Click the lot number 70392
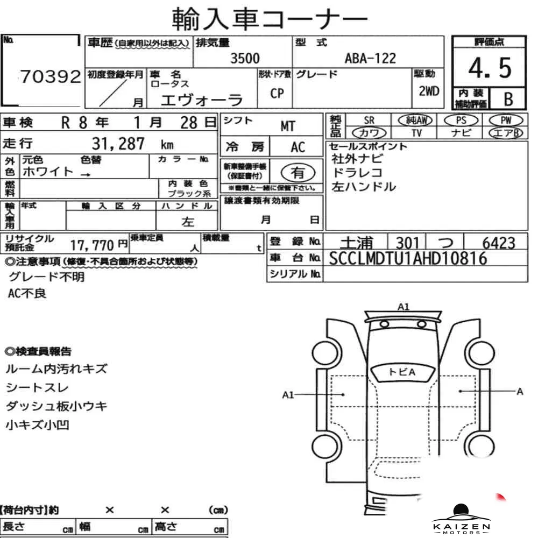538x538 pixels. point(51,76)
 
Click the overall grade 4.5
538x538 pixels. point(490,68)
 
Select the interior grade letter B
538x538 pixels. point(508,99)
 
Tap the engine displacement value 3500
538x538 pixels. point(245,58)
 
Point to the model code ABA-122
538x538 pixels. point(370,58)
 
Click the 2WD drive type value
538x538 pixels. point(429,91)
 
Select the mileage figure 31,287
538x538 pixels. point(118,144)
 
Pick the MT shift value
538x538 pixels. point(287,126)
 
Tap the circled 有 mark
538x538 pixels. point(298,173)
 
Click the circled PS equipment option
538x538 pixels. point(461,121)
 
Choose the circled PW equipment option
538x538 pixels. point(506,121)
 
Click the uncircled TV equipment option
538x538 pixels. point(416,133)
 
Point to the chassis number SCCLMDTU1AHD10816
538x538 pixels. point(408,258)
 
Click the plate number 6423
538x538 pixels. point(499,243)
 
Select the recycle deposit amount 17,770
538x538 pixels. point(92,245)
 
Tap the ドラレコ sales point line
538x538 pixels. point(357,173)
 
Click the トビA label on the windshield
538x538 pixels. point(402,372)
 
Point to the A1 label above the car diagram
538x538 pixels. point(403,307)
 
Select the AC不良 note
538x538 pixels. point(27,293)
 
